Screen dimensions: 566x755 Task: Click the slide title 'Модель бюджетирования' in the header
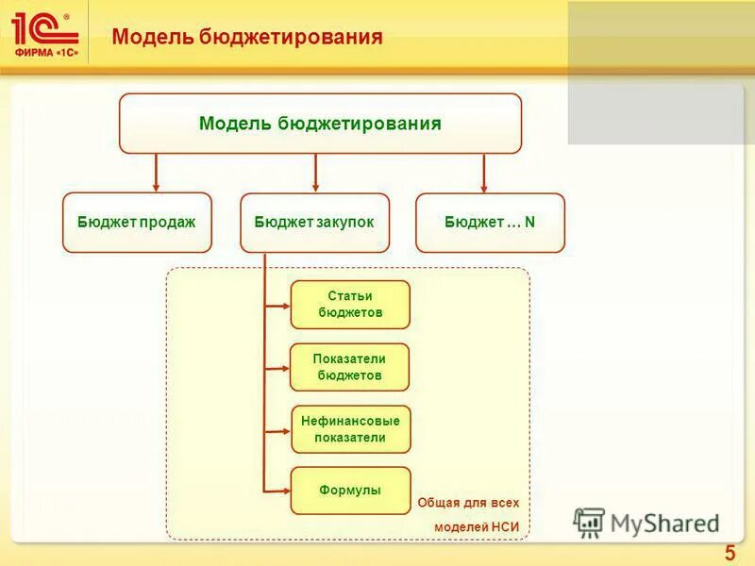[247, 37]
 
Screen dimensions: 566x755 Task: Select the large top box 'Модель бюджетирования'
[320, 124]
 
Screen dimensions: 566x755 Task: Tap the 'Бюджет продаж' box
[137, 223]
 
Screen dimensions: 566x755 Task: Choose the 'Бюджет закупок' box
[314, 223]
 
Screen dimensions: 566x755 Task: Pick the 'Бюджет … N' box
[490, 223]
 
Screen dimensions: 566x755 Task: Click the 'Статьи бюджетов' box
[350, 304]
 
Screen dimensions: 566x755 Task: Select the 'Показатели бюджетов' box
[350, 367]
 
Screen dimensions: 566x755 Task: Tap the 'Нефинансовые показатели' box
[350, 429]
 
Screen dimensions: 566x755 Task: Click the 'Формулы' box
[350, 491]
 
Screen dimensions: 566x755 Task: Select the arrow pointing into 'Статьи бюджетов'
[278, 305]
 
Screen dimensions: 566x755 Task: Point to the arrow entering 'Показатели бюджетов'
[278, 368]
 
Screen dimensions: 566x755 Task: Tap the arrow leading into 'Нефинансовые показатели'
[278, 430]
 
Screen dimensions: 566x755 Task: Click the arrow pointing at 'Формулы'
[278, 491]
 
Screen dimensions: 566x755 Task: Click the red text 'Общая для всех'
[468, 503]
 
